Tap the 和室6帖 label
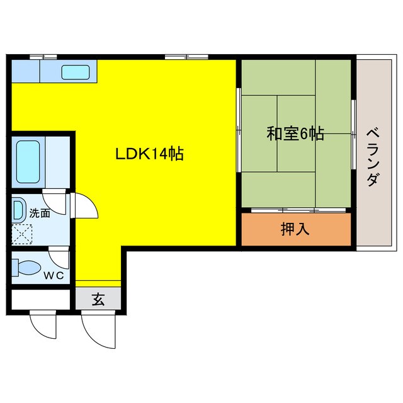pos(295,133)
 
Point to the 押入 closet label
pos(295,229)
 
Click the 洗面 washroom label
pos(39,213)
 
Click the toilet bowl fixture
pos(26,266)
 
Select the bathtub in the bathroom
pos(29,162)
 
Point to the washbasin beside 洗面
pos(18,208)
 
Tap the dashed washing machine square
pos(23,233)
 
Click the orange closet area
pos(295,229)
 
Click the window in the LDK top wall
pos(187,57)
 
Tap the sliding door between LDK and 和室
pos(238,129)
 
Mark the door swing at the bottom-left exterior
pos(43,326)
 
